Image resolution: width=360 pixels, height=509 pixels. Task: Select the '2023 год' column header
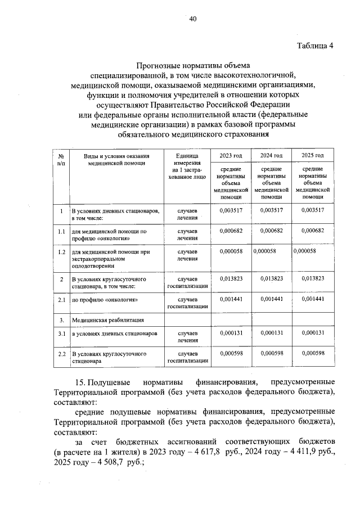[x=231, y=156]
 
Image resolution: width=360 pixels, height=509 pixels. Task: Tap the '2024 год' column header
[x=271, y=156]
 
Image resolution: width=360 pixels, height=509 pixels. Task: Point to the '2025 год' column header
[x=312, y=156]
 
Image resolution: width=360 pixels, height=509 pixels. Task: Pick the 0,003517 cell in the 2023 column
[x=231, y=211]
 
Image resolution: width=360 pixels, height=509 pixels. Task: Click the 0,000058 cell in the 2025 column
[x=305, y=251]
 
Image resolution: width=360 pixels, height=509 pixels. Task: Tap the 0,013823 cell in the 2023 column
[x=231, y=278]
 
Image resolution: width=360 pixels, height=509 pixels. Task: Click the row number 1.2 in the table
[x=61, y=251]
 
